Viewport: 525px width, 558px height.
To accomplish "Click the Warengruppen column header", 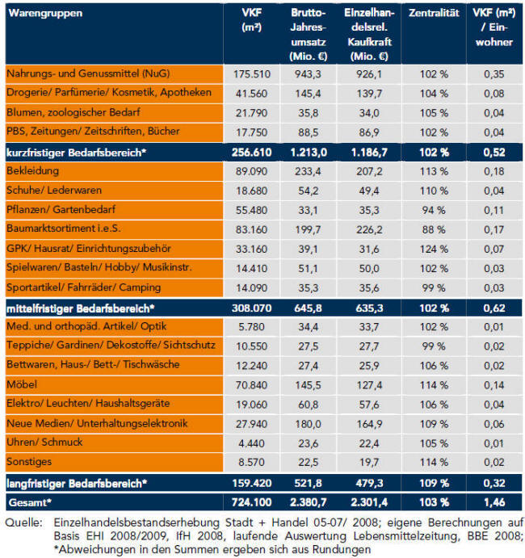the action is click(45, 13).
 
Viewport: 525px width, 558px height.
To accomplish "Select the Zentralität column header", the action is click(434, 13).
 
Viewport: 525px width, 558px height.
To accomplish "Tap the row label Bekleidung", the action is click(33, 171).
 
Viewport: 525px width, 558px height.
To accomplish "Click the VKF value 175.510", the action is click(252, 74).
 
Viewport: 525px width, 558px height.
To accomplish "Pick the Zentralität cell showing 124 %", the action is click(434, 249).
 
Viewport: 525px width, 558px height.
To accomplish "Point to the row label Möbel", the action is click(22, 384).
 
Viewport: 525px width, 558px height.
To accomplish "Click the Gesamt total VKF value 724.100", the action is click(252, 502).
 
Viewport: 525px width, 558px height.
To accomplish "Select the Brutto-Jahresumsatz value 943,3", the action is click(308, 74).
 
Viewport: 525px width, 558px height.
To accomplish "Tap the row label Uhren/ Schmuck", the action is click(44, 442).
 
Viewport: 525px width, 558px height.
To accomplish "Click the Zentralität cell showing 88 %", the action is click(434, 229).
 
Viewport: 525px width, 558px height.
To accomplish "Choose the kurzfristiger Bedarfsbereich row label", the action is click(76, 153).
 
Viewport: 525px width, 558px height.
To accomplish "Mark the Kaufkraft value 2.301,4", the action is click(369, 502).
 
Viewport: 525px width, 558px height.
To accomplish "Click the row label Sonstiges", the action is click(29, 462).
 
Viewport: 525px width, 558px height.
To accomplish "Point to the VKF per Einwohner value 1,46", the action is click(494, 502).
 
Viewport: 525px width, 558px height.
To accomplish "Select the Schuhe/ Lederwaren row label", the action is click(54, 190).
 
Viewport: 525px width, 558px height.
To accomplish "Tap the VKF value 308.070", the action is click(252, 308).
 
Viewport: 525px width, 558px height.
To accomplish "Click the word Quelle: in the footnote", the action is click(23, 522).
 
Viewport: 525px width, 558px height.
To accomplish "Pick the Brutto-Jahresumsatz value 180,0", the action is click(308, 424).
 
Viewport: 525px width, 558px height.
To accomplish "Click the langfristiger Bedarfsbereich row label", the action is click(77, 484).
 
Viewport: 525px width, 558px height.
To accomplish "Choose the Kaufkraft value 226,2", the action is click(369, 229).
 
